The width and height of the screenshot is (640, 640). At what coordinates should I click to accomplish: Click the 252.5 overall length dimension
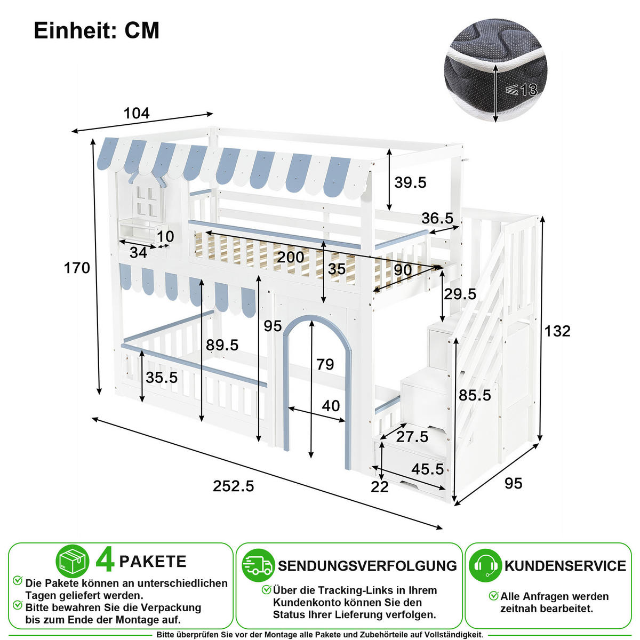233,486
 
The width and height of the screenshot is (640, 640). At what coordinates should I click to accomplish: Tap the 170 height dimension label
77,268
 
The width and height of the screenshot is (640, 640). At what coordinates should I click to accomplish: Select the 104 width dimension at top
137,113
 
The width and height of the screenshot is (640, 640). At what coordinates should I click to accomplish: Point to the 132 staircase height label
557,331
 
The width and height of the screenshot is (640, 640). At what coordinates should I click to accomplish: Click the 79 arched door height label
325,364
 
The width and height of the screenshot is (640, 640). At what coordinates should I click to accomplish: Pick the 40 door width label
331,405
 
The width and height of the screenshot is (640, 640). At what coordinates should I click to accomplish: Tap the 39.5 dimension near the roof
410,182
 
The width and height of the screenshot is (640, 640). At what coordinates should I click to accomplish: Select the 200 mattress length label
290,257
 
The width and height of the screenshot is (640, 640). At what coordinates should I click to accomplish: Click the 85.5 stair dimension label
475,395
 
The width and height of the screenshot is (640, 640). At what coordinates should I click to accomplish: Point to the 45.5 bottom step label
427,469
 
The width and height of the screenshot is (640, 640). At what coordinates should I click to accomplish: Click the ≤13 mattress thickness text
522,90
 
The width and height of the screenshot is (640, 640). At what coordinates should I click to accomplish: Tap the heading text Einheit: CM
97,30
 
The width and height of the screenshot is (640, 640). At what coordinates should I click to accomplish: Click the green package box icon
73,561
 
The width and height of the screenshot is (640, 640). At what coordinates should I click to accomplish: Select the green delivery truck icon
258,566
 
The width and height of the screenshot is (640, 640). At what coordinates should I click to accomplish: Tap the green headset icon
485,566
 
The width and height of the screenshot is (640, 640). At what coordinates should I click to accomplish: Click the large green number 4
105,561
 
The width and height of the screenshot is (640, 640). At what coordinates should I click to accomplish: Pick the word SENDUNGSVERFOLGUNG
367,566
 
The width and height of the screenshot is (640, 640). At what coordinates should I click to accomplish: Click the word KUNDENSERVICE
565,566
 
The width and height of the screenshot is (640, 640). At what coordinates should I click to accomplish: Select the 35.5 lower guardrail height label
162,378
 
